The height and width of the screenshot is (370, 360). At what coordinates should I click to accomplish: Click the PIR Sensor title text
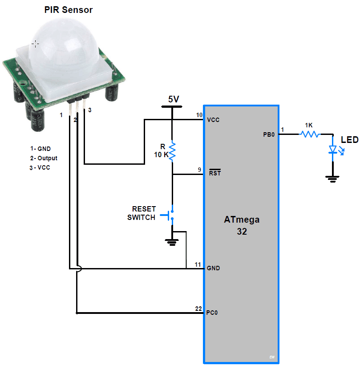[69, 10]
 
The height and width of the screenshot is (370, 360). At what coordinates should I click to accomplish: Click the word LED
[349, 140]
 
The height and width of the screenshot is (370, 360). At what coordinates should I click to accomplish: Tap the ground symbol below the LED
[332, 179]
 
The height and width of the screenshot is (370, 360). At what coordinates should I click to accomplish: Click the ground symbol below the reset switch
[172, 242]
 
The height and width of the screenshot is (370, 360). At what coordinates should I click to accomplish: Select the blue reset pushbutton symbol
[169, 215]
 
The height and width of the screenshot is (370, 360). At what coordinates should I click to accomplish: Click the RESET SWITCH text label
[142, 213]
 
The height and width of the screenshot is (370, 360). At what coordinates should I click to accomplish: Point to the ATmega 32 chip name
[242, 225]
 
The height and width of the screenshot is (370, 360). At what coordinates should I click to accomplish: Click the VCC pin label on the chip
[213, 120]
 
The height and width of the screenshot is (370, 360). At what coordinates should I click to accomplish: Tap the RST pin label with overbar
[215, 174]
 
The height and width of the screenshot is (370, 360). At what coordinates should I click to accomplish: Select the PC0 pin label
[212, 313]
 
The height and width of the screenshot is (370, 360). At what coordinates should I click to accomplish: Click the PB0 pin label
[269, 134]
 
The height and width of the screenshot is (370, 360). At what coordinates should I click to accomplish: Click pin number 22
[198, 309]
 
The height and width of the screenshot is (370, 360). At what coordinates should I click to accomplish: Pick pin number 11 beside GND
[198, 264]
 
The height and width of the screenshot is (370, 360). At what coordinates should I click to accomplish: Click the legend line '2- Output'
[44, 158]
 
